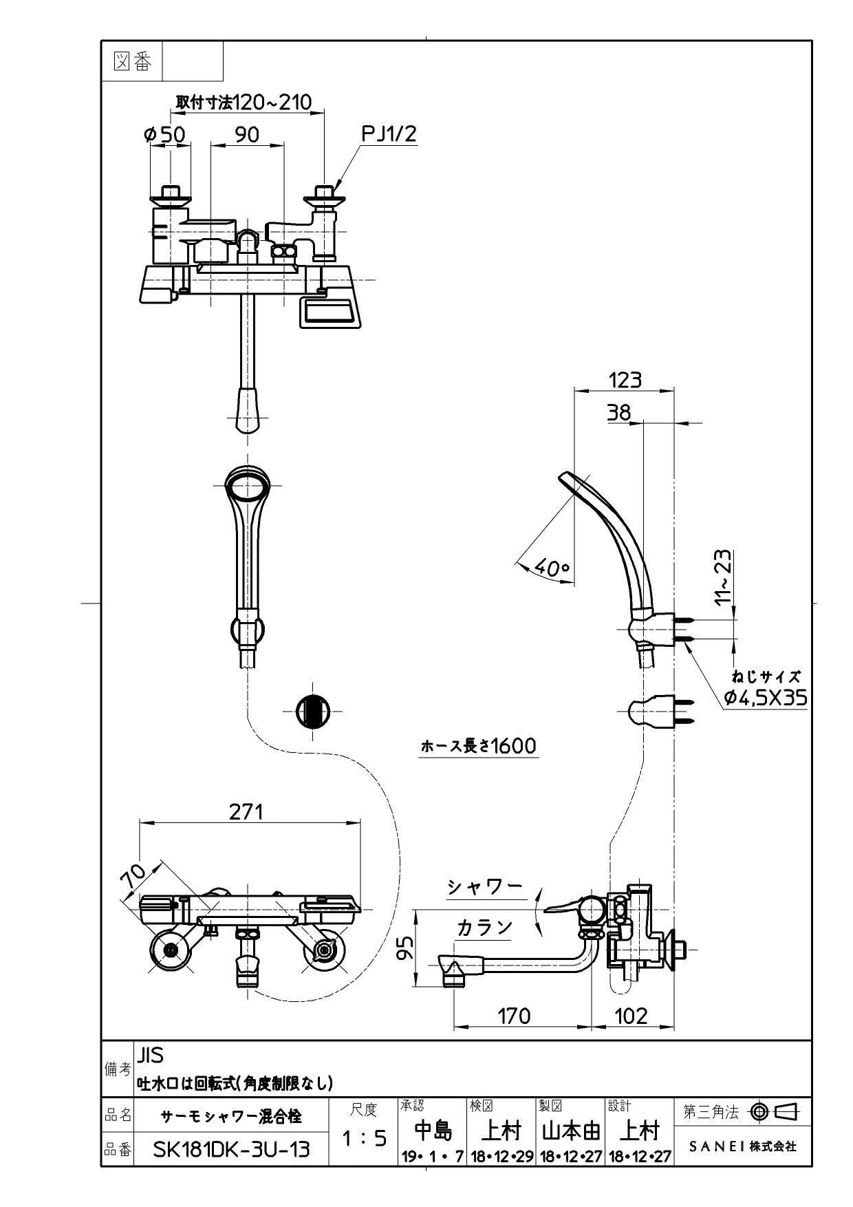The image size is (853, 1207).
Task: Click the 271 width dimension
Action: click(246, 812)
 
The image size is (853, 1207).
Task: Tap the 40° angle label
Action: click(552, 568)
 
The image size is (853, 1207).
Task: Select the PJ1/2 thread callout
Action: click(389, 133)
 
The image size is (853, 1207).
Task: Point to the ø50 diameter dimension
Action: click(165, 134)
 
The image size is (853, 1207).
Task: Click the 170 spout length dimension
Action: click(513, 1016)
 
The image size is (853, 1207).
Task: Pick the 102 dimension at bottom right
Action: click(631, 1016)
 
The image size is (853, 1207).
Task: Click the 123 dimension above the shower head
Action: click(625, 379)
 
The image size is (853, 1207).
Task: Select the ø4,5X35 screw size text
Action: click(766, 698)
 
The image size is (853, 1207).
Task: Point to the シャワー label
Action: click(485, 887)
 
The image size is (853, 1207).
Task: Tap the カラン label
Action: click(485, 928)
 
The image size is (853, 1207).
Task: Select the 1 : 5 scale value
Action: click(364, 1139)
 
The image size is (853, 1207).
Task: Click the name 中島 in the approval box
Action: click(433, 1131)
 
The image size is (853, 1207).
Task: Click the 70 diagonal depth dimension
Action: click(133, 876)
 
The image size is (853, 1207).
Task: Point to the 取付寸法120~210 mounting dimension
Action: click(244, 102)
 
